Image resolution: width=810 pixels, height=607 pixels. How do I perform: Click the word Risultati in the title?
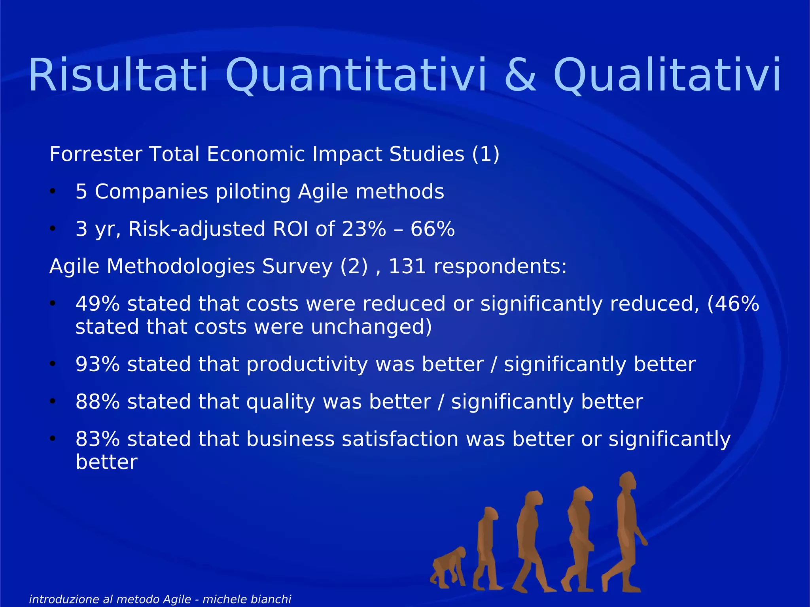point(118,75)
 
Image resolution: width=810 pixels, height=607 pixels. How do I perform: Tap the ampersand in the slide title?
point(521,75)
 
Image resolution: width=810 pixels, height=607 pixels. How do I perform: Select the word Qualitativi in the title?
point(667,75)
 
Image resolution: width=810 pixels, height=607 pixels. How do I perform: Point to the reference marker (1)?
point(486,154)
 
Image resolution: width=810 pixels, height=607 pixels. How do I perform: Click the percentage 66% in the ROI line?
point(433,229)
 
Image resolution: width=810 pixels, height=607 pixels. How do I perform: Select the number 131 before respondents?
point(407,266)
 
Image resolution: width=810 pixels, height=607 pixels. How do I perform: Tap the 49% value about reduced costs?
point(97,304)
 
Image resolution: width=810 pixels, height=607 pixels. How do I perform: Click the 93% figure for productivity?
point(97,364)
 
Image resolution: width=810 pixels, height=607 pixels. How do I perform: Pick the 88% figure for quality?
point(97,402)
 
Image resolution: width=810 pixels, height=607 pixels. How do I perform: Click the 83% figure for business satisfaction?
point(97,439)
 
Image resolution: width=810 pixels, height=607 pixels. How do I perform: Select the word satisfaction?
point(400,439)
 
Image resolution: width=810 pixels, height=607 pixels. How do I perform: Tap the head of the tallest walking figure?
point(627,482)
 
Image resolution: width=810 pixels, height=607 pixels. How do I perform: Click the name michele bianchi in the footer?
point(247,599)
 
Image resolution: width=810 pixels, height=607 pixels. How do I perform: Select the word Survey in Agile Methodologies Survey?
point(297,266)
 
